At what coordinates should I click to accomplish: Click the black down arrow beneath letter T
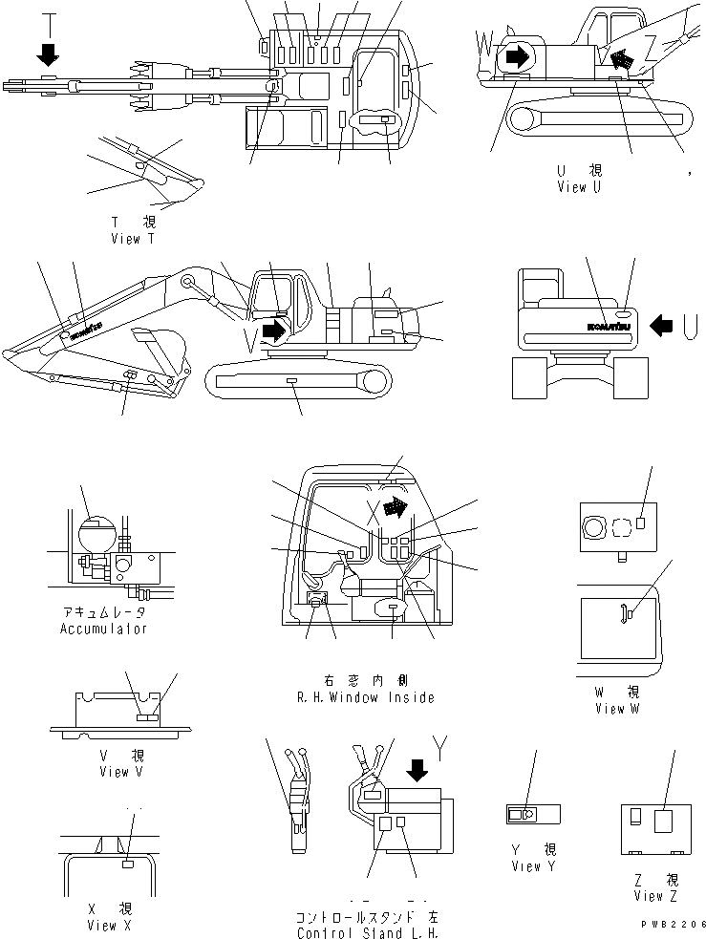[48, 54]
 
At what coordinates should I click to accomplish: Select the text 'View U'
[579, 187]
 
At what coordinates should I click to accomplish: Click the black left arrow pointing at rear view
[662, 326]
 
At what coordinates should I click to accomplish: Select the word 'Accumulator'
[104, 629]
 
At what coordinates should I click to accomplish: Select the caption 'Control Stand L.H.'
[369, 932]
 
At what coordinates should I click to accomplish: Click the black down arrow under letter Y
[417, 768]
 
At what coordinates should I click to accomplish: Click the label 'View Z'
[654, 895]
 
